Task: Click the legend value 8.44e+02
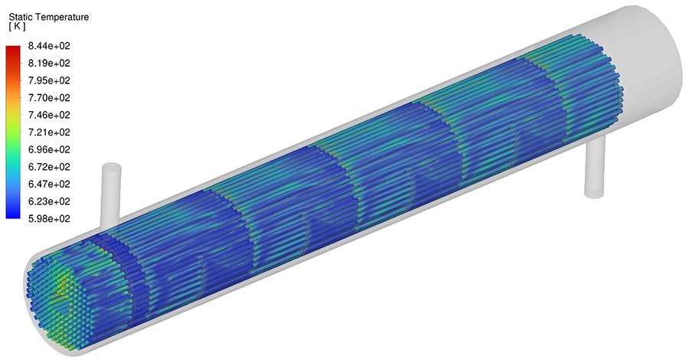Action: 48,46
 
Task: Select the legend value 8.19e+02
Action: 48,63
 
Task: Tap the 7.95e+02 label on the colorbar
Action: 48,80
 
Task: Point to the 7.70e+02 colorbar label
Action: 48,98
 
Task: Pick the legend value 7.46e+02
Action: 48,115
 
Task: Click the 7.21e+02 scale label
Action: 48,133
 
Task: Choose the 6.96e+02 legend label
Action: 48,149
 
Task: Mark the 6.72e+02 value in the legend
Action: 48,167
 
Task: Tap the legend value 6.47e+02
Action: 48,184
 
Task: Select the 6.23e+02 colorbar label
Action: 48,201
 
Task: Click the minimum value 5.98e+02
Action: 48,218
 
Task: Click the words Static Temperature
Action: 48,15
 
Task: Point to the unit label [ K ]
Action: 17,26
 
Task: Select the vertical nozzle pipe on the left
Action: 112,191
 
